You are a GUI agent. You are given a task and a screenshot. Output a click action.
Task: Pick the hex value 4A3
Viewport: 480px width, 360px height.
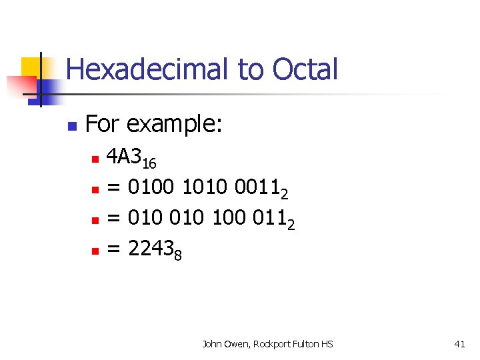pos(125,158)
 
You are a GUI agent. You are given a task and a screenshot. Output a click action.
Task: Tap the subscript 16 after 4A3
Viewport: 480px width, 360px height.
pos(150,164)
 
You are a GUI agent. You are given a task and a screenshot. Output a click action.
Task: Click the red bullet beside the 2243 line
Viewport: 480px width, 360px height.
pos(95,251)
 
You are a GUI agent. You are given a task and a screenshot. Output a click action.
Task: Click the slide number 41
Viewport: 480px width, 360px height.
pos(459,344)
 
